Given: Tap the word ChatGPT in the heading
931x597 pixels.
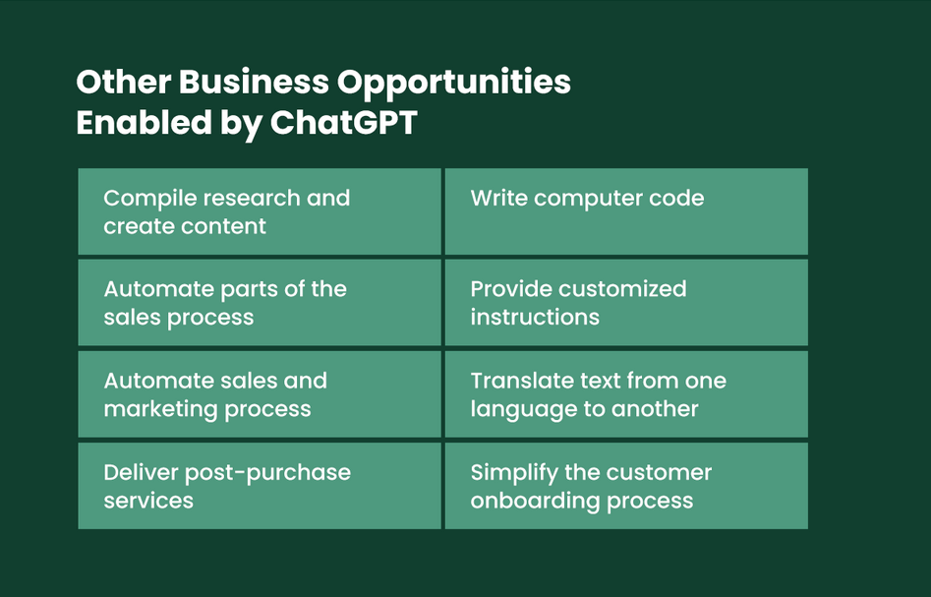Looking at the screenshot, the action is click(344, 122).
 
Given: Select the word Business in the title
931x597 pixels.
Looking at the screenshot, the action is click(254, 82).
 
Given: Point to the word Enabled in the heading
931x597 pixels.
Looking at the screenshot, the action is click(145, 122).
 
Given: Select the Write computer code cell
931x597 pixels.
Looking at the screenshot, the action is click(626, 211).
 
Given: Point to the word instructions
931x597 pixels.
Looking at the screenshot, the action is click(535, 317).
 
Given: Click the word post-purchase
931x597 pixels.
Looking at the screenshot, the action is click(267, 473).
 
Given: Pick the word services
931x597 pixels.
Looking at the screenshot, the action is click(148, 501).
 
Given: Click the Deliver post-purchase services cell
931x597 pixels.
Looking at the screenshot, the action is click(260, 486).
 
